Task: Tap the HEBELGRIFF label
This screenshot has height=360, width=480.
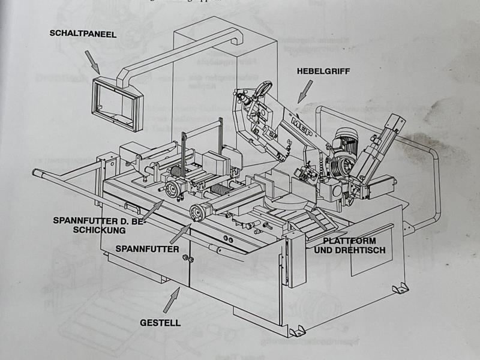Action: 323,71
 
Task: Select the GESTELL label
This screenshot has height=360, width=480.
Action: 160,322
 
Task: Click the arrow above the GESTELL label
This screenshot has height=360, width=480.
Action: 173,295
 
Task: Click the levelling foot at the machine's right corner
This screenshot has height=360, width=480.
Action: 400,289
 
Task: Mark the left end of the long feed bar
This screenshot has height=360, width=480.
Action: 37,173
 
